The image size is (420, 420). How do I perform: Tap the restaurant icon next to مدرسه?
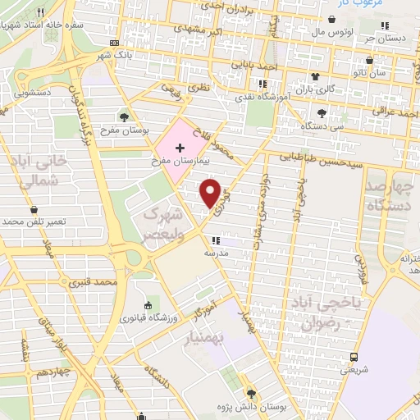pyautogui.click(x=215, y=240)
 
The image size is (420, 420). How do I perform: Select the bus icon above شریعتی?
pyautogui.click(x=354, y=356)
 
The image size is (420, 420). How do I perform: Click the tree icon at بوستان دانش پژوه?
pyautogui.click(x=251, y=394)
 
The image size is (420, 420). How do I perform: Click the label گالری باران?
pyautogui.click(x=319, y=88)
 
